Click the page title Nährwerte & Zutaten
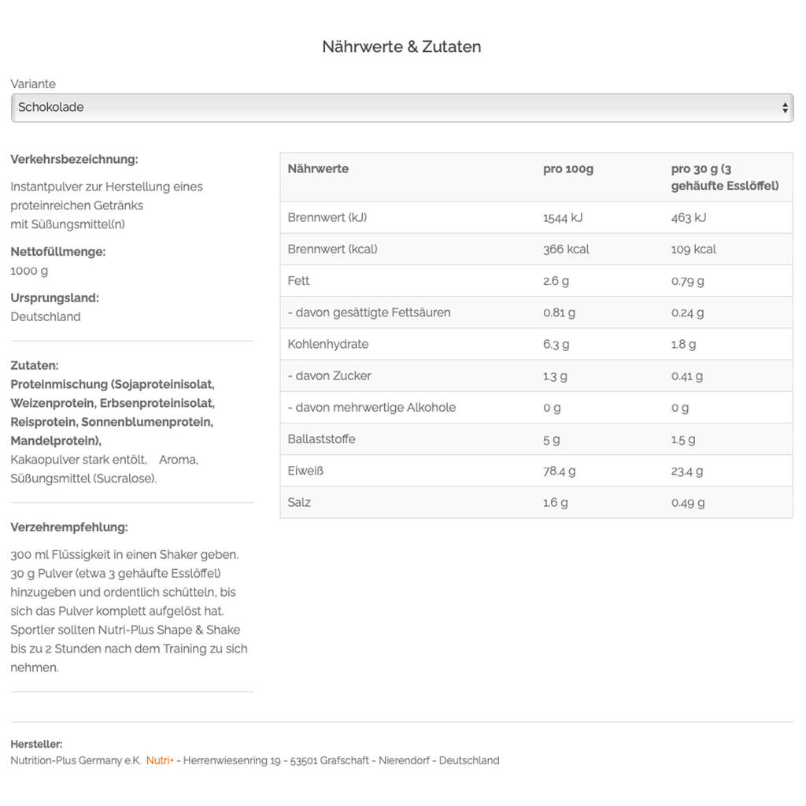[x=401, y=46]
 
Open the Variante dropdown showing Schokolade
[x=401, y=108]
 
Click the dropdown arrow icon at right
[x=785, y=108]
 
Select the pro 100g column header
[x=568, y=169]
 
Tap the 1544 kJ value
[x=563, y=218]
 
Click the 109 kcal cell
[x=693, y=250]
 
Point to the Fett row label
[x=298, y=281]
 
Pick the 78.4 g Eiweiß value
[x=559, y=471]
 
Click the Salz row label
[x=299, y=502]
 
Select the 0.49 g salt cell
[x=688, y=502]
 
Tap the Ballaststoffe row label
[x=321, y=439]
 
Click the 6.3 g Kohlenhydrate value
[x=556, y=345]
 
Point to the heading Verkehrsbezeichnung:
[x=74, y=160]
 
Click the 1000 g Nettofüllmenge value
[x=29, y=271]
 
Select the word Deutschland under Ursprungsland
[x=46, y=317]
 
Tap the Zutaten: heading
[x=35, y=366]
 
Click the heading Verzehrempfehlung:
[x=69, y=527]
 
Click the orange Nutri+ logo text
[x=160, y=761]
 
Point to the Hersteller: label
[x=36, y=745]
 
